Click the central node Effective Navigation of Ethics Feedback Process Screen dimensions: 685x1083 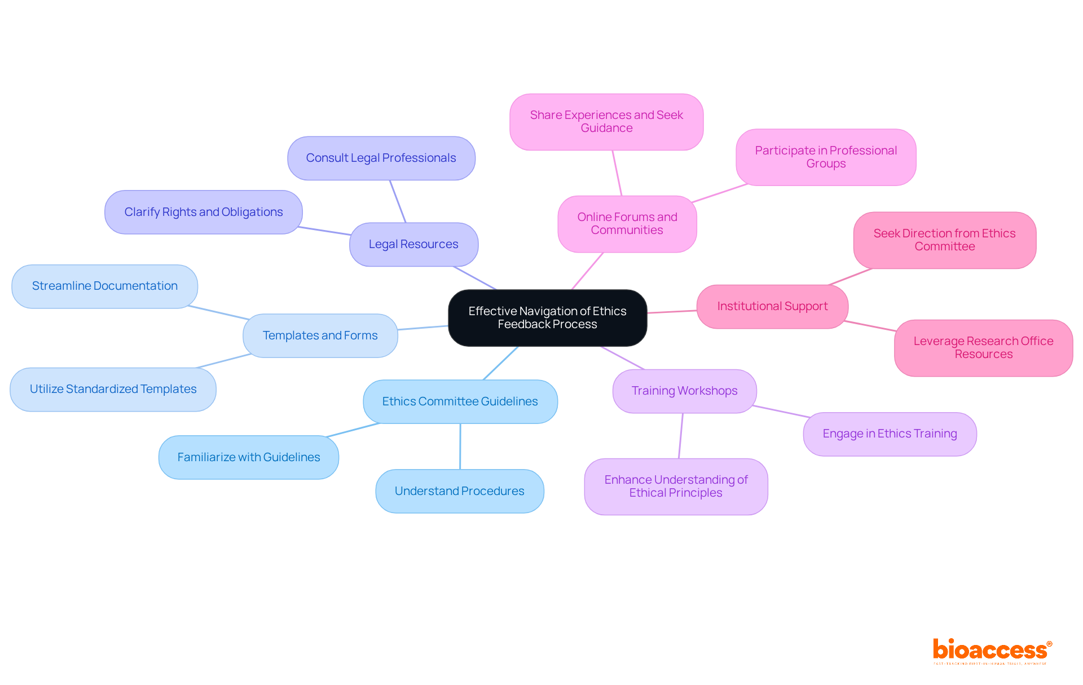point(547,317)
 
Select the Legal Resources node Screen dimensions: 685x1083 point(413,244)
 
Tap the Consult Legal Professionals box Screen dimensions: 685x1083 point(381,158)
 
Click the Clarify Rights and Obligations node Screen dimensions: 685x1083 point(203,212)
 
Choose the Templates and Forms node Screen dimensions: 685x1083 point(320,335)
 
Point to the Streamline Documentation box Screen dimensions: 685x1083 point(104,286)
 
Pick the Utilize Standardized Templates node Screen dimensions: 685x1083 point(113,389)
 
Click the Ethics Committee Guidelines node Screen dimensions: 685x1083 point(460,401)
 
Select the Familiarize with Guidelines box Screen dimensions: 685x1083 point(248,457)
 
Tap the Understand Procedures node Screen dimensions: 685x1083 point(459,491)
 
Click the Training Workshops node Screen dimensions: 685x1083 point(684,391)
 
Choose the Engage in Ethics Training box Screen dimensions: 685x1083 point(890,434)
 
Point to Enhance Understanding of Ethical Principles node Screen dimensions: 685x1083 point(676,486)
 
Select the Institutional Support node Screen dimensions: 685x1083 point(772,306)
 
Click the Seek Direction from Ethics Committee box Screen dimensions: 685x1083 point(944,240)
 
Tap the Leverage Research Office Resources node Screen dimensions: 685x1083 point(983,347)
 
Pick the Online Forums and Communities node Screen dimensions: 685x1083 point(627,223)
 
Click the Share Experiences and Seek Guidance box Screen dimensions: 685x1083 point(606,121)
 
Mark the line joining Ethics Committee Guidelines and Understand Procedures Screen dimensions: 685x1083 point(460,447)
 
